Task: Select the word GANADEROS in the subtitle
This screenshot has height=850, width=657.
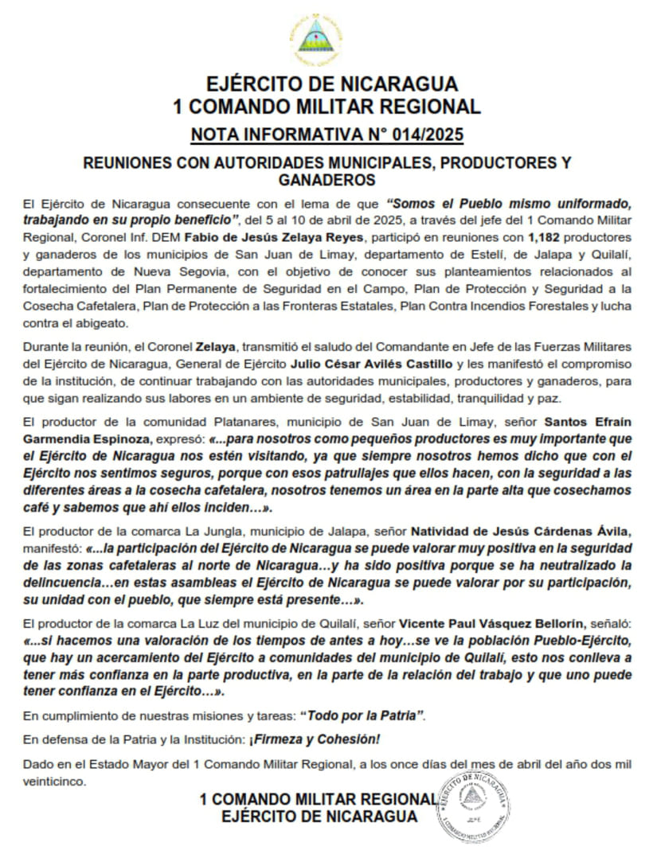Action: (x=327, y=180)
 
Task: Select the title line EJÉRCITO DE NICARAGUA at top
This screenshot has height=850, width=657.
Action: (x=327, y=84)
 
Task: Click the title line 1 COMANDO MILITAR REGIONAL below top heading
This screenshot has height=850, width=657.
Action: (x=327, y=107)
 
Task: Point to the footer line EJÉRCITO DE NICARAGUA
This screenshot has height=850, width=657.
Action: (x=319, y=817)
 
